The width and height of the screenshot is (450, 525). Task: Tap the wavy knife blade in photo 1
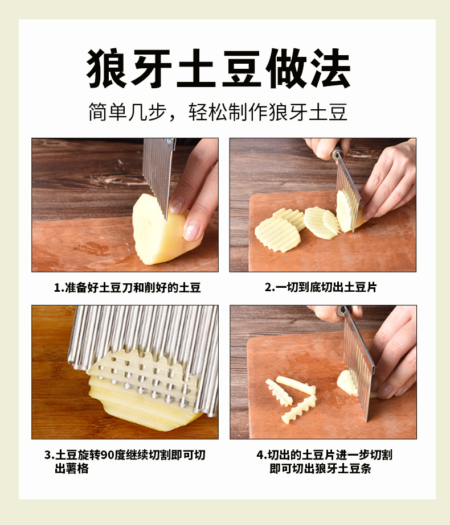[158, 171]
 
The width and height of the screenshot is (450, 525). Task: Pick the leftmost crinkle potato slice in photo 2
[277, 234]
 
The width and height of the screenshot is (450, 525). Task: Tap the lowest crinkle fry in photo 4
[298, 410]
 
